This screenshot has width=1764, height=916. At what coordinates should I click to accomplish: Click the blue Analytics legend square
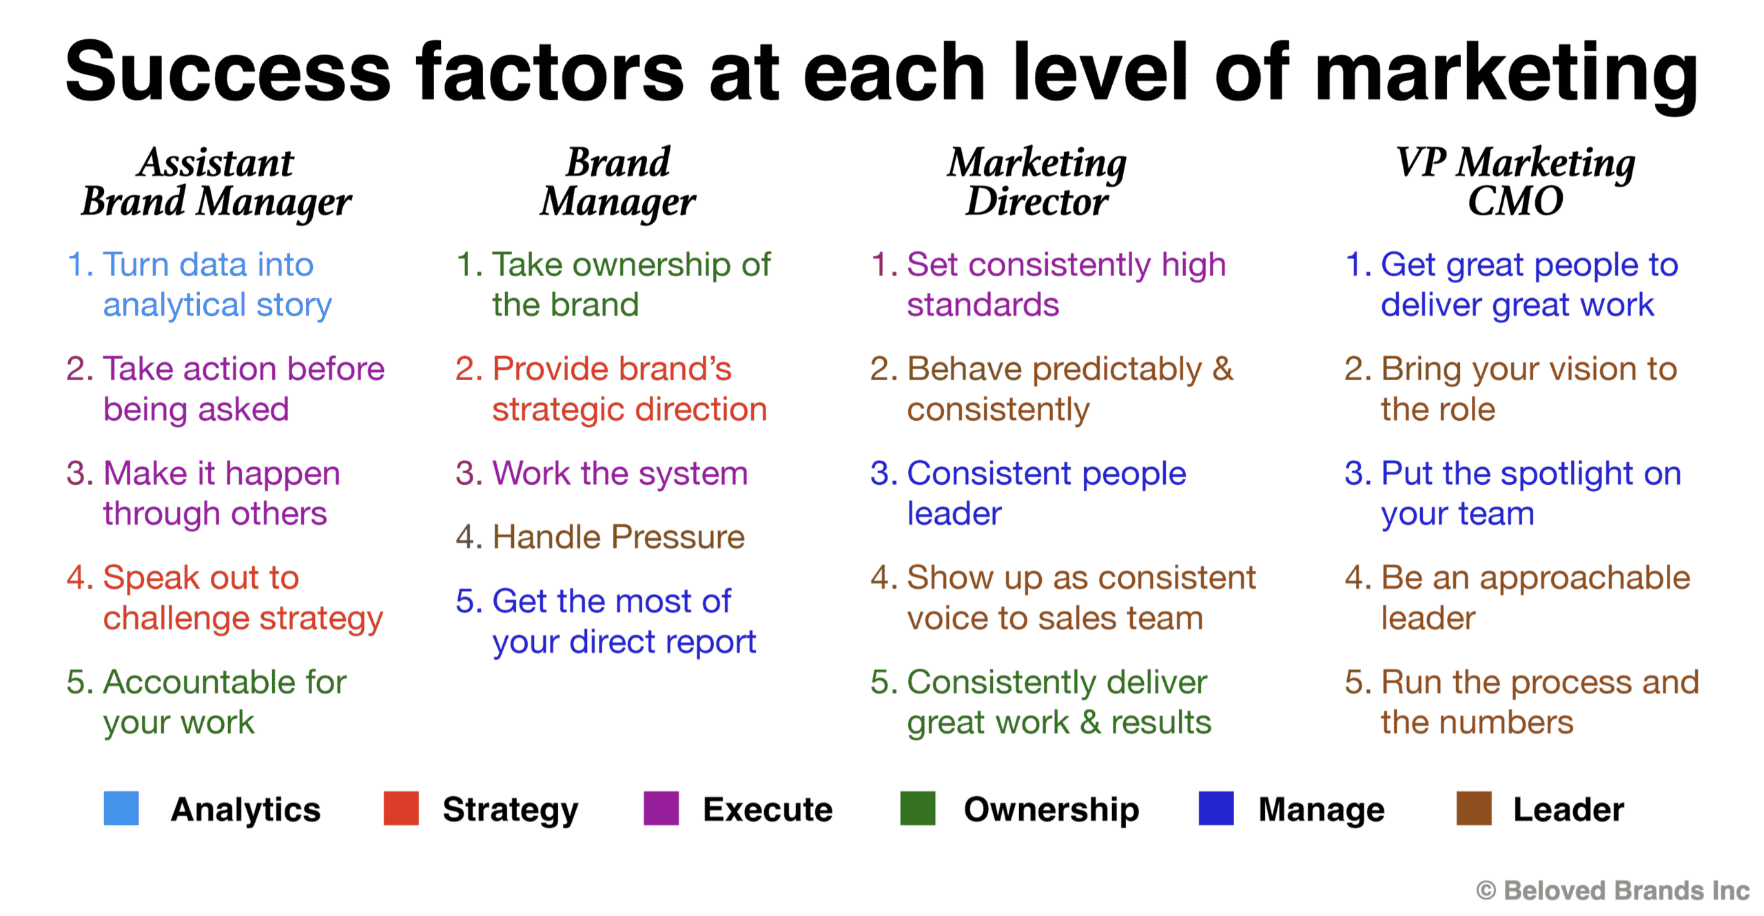click(121, 808)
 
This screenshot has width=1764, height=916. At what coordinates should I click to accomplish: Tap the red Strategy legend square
click(401, 808)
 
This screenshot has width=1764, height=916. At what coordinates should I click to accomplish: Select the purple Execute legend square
click(661, 808)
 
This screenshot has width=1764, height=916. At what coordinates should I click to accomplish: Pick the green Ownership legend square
click(918, 808)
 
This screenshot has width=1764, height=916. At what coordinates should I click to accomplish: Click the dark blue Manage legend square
click(1216, 808)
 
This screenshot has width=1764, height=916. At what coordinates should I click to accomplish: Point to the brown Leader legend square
click(1474, 808)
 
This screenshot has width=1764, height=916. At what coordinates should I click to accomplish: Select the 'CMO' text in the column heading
click(1515, 201)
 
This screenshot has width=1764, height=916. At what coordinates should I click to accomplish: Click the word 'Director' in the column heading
click(1037, 201)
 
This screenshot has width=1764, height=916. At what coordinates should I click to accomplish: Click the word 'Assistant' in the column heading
click(216, 163)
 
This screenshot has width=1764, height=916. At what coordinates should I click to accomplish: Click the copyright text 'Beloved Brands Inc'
click(1626, 890)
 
